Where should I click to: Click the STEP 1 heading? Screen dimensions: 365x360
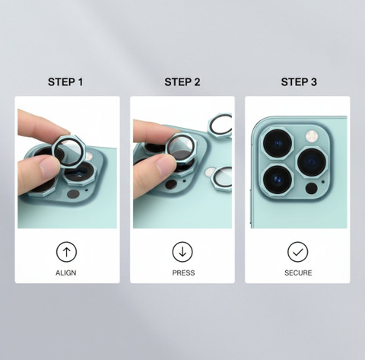pyautogui.click(x=65, y=82)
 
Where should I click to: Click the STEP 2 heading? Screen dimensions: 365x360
pyautogui.click(x=182, y=82)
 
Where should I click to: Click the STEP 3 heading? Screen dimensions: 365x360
pyautogui.click(x=299, y=82)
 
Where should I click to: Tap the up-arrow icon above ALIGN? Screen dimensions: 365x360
pyautogui.click(x=66, y=252)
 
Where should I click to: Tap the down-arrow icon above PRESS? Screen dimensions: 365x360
pyautogui.click(x=182, y=252)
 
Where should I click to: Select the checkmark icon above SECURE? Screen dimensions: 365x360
pyautogui.click(x=298, y=252)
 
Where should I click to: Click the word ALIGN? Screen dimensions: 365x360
pyautogui.click(x=66, y=272)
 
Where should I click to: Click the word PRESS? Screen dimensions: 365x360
pyautogui.click(x=183, y=272)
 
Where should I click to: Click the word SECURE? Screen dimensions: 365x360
pyautogui.click(x=298, y=272)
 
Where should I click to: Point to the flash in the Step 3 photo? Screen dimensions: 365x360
pyautogui.click(x=312, y=136)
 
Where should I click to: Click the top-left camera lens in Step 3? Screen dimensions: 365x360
pyautogui.click(x=278, y=143)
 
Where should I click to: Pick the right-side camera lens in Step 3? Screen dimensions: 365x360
pyautogui.click(x=312, y=162)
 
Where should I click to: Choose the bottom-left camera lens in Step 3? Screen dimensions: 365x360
pyautogui.click(x=278, y=180)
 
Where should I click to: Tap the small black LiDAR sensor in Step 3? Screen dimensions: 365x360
pyautogui.click(x=312, y=188)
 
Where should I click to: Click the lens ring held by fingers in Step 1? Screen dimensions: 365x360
pyautogui.click(x=68, y=151)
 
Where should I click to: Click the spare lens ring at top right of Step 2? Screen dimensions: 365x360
pyautogui.click(x=220, y=126)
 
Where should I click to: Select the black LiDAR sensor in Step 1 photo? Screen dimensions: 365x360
pyautogui.click(x=73, y=194)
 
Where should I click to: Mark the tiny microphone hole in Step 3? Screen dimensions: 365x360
pyautogui.click(x=323, y=182)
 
